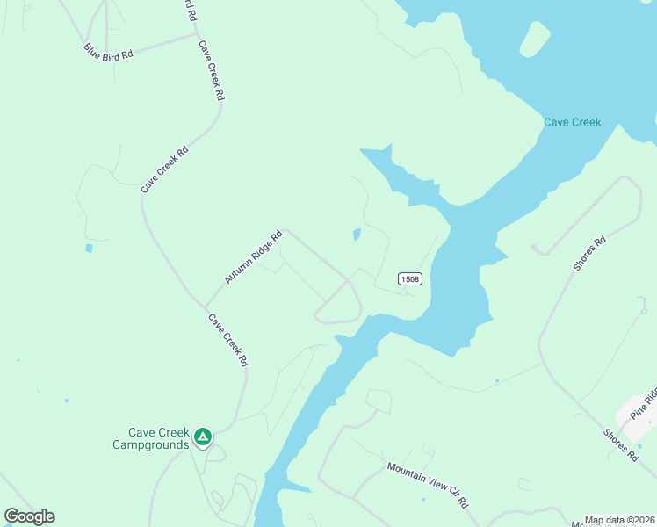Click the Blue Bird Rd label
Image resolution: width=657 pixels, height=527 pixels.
click(109, 52)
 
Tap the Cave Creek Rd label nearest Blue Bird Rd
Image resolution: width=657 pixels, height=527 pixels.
click(212, 69)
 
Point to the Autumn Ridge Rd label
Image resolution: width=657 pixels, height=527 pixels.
click(253, 256)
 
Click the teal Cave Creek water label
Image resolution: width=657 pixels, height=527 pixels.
click(572, 122)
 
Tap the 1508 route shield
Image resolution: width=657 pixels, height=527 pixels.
click(410, 279)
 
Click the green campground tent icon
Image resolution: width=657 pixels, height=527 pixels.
click(203, 435)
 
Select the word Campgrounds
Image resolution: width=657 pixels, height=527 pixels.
click(151, 444)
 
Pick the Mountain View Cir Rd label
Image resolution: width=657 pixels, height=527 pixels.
click(428, 486)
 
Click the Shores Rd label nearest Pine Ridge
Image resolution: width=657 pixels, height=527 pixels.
click(620, 445)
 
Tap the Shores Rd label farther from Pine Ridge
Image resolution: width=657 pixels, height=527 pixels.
click(588, 253)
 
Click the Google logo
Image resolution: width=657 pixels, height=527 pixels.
click(29, 516)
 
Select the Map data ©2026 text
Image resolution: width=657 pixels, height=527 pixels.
click(619, 520)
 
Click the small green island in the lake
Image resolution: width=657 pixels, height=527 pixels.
click(534, 39)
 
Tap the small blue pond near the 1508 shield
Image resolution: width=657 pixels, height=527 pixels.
click(357, 235)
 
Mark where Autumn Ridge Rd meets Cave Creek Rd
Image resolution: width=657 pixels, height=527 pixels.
click(206, 305)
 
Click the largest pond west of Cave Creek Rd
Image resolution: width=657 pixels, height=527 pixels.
click(89, 249)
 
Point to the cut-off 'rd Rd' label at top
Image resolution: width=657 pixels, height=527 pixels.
click(187, 10)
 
